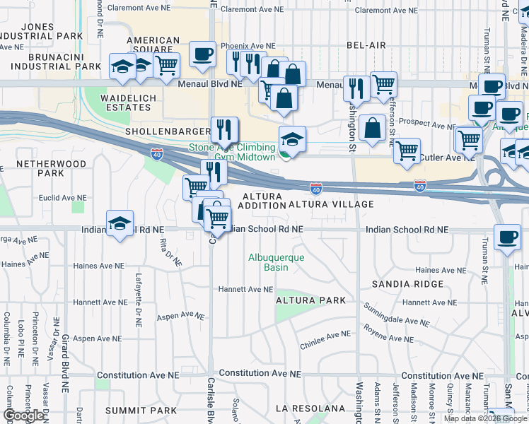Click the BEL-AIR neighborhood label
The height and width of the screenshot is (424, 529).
[366, 45]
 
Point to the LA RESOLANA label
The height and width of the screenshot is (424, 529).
[310, 408]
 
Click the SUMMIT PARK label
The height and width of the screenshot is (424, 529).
[141, 411]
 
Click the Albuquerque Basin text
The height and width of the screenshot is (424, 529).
[276, 262]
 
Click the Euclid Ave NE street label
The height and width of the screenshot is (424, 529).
[62, 199]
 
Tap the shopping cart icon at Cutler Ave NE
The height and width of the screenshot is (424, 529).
[407, 151]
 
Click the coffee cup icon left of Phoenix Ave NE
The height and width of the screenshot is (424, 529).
[202, 54]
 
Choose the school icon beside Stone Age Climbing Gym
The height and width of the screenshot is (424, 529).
[291, 139]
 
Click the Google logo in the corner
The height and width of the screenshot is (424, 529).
[23, 416]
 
